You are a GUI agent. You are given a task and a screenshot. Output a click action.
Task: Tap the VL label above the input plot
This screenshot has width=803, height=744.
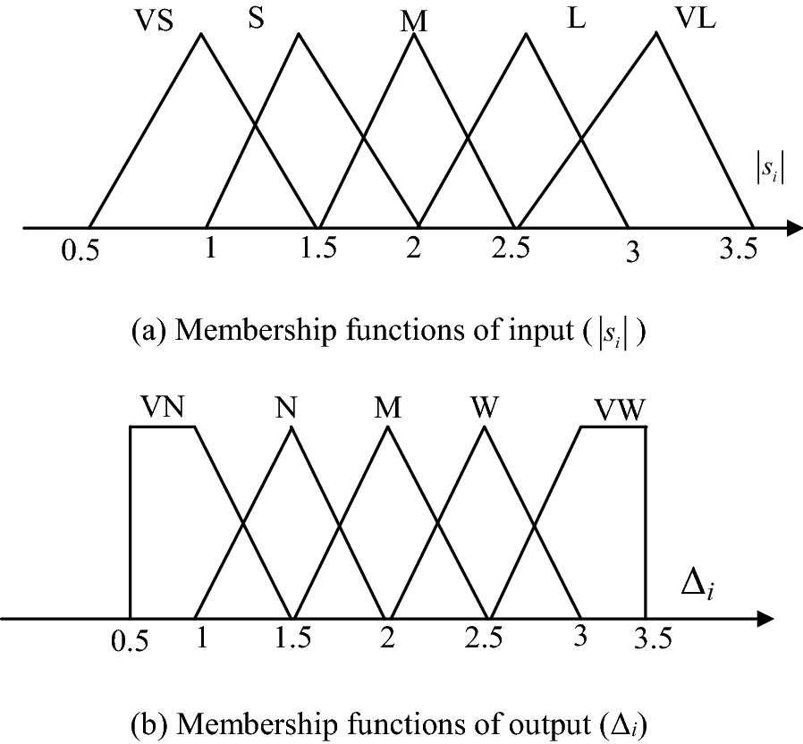click(x=694, y=21)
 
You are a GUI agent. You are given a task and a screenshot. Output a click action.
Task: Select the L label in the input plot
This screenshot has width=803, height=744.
click(x=577, y=20)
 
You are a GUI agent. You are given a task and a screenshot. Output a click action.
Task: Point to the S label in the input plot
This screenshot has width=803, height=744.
click(x=256, y=20)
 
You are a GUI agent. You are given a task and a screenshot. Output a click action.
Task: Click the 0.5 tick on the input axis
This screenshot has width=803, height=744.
click(x=80, y=251)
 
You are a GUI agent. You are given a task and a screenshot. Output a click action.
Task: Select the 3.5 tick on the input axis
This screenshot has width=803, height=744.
click(x=738, y=249)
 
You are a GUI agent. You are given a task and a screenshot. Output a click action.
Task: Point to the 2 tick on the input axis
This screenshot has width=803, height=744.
click(x=413, y=249)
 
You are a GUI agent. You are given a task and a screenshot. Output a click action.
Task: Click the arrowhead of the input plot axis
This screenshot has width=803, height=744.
click(x=792, y=228)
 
